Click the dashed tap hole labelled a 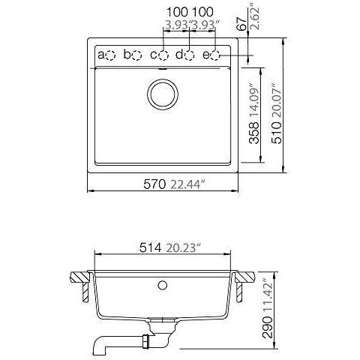(x=110, y=55)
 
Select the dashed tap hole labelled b (x=136, y=55)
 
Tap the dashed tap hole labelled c (x=163, y=55)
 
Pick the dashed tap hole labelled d (x=190, y=55)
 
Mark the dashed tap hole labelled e (x=215, y=55)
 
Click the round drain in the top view (x=163, y=94)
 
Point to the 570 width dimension (x=154, y=184)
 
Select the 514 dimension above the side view (x=150, y=248)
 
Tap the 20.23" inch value (x=184, y=248)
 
